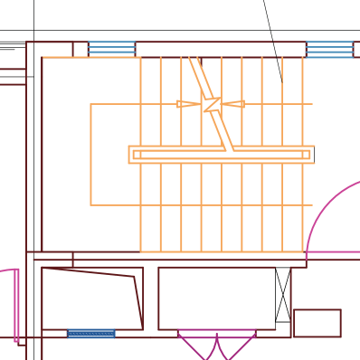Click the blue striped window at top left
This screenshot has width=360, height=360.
pyautogui.click(x=111, y=48)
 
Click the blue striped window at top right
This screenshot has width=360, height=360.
pyautogui.click(x=329, y=49)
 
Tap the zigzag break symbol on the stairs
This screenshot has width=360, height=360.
pyautogui.click(x=212, y=104)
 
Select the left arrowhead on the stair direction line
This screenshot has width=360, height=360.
pyautogui.click(x=186, y=104)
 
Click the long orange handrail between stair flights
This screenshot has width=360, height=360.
pyautogui.click(x=222, y=155)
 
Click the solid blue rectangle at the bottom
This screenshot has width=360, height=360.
pyautogui.click(x=91, y=334)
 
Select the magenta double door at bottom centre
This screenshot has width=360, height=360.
pyautogui.click(x=216, y=345)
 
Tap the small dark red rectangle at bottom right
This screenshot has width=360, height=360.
pyautogui.click(x=317, y=323)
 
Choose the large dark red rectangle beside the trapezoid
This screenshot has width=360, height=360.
pyautogui.click(x=217, y=298)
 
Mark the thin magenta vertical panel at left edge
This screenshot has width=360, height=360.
pyautogui.click(x=16, y=306)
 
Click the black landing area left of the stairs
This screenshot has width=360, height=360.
pyautogui.click(x=67, y=154)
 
